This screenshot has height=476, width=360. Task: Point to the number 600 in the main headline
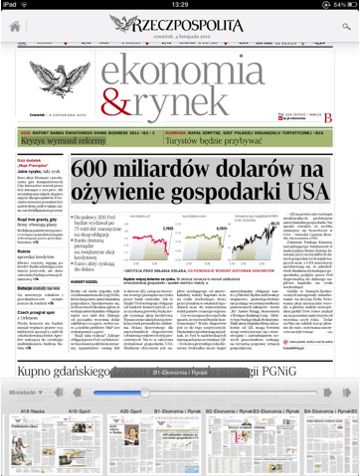tap(98, 170)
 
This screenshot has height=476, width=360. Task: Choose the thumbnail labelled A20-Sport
tap(129, 455)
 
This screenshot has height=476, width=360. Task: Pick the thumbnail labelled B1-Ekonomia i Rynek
tap(180, 455)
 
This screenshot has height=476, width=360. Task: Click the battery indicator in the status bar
tap(345, 5)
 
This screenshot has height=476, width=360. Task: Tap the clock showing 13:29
tap(180, 5)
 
